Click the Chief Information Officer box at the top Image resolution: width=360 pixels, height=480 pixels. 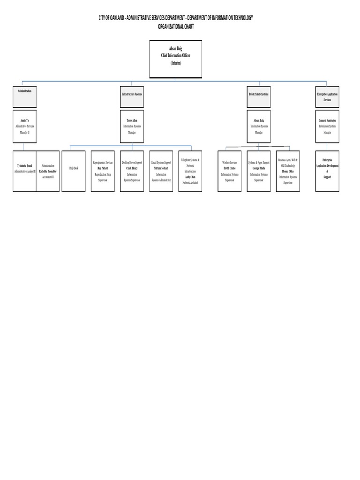pyautogui.click(x=175, y=59)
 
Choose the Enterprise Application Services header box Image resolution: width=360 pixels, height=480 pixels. pyautogui.click(x=327, y=96)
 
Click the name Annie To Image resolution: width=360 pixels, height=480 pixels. pyautogui.click(x=24, y=120)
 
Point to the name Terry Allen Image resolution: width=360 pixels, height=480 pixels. pyautogui.click(x=132, y=120)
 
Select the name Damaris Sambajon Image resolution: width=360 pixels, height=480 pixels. pyautogui.click(x=327, y=120)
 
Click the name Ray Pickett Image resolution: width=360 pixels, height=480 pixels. pyautogui.click(x=103, y=168)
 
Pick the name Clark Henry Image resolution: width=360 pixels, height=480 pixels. pyautogui.click(x=132, y=168)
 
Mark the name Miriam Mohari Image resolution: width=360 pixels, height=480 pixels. pyautogui.click(x=161, y=168)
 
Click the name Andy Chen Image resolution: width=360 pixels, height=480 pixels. pyautogui.click(x=190, y=177)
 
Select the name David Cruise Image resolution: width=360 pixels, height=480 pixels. pyautogui.click(x=230, y=168)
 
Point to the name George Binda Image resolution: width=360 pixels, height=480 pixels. pyautogui.click(x=259, y=168)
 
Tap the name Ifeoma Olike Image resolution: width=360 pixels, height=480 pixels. pyautogui.click(x=288, y=172)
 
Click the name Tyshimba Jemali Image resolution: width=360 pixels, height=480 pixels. pyautogui.click(x=24, y=166)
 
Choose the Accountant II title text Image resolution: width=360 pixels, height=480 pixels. pyautogui.click(x=48, y=177)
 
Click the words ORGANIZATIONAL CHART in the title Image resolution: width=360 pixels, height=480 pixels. pyautogui.click(x=175, y=27)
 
